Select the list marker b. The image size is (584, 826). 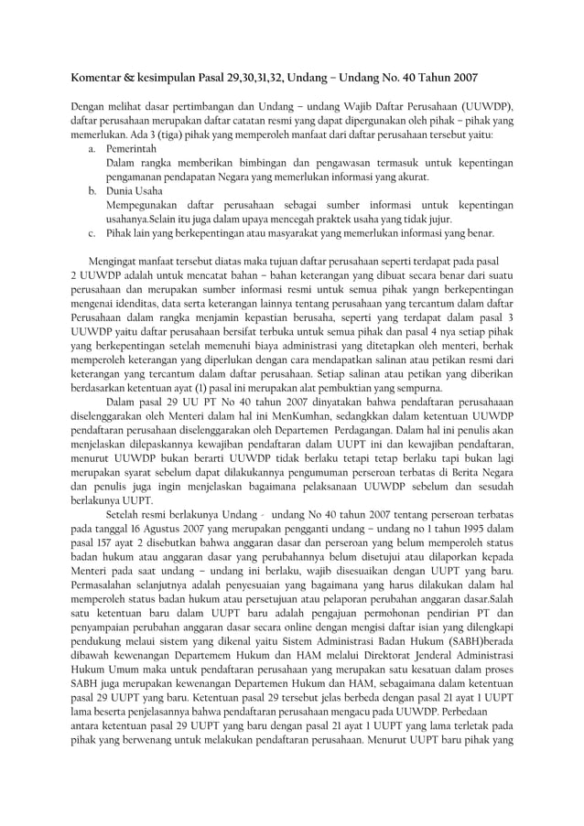point(92,190)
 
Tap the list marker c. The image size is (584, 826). point(92,232)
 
